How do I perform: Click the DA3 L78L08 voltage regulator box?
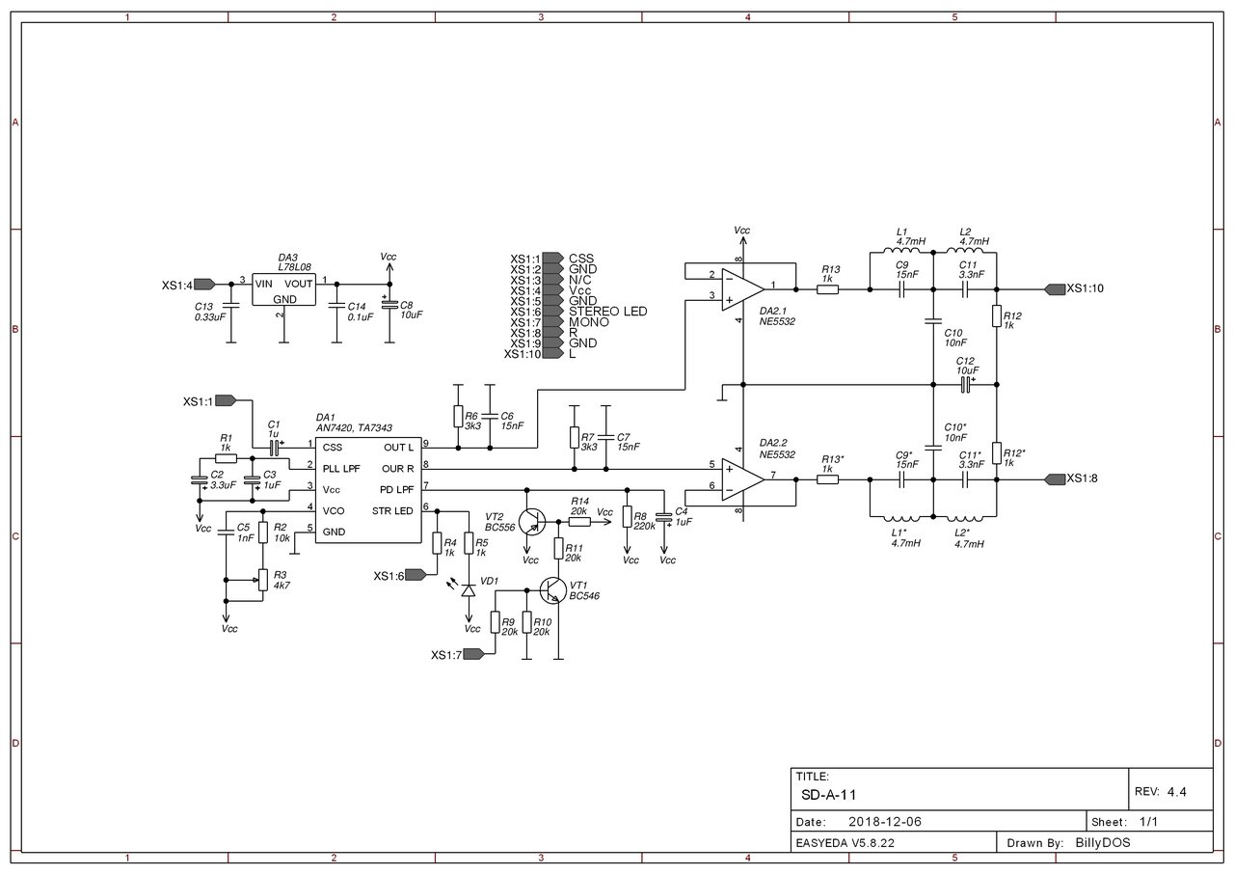(x=283, y=289)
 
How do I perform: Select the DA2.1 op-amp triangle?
(x=742, y=289)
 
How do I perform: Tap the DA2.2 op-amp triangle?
(x=742, y=479)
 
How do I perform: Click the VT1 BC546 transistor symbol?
(x=553, y=589)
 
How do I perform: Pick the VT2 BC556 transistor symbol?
(x=532, y=521)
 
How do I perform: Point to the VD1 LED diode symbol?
(x=469, y=590)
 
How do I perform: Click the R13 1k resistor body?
(x=827, y=289)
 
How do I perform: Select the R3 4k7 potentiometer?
(x=263, y=580)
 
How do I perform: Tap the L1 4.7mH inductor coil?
(x=901, y=251)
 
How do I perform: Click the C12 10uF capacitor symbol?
(x=965, y=385)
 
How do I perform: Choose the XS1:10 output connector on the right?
(x=1055, y=289)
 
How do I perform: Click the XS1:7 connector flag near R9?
(x=473, y=654)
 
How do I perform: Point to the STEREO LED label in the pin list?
(x=607, y=312)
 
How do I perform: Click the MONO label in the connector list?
(x=588, y=322)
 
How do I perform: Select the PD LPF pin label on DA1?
(x=396, y=489)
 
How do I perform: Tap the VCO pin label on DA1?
(x=334, y=511)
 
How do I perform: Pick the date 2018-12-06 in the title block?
(x=885, y=822)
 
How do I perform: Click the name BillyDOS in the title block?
(x=1103, y=842)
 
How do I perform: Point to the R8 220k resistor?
(x=627, y=517)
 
